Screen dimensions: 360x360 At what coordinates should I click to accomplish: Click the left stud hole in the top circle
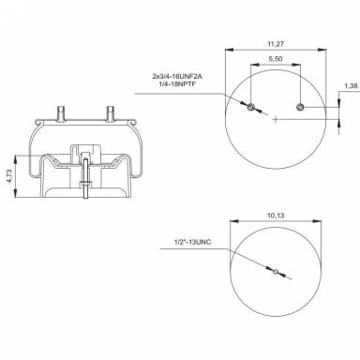(251, 110)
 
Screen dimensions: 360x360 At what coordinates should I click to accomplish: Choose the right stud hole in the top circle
(298, 110)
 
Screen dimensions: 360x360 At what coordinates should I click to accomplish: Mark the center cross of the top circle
(275, 119)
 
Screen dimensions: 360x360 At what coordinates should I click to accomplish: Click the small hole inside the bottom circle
(275, 274)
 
